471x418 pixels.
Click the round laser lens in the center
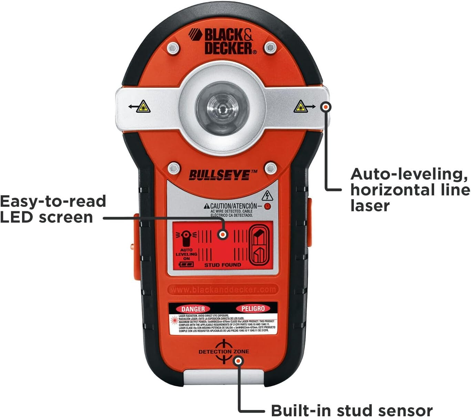222,108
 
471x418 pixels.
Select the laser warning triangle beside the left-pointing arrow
143,107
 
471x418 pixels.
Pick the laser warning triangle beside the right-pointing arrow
300,107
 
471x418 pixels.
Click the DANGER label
193,309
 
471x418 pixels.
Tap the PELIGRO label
253,309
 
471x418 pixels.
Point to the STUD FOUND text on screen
223,265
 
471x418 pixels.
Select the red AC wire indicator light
267,207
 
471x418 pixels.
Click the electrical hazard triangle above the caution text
267,196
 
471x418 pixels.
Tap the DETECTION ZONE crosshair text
224,351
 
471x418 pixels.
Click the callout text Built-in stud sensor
351,410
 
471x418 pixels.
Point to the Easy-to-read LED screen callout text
53,209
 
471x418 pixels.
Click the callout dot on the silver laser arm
325,107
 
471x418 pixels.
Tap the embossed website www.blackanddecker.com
223,290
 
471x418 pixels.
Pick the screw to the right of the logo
270,47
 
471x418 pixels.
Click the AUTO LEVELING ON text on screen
186,254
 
